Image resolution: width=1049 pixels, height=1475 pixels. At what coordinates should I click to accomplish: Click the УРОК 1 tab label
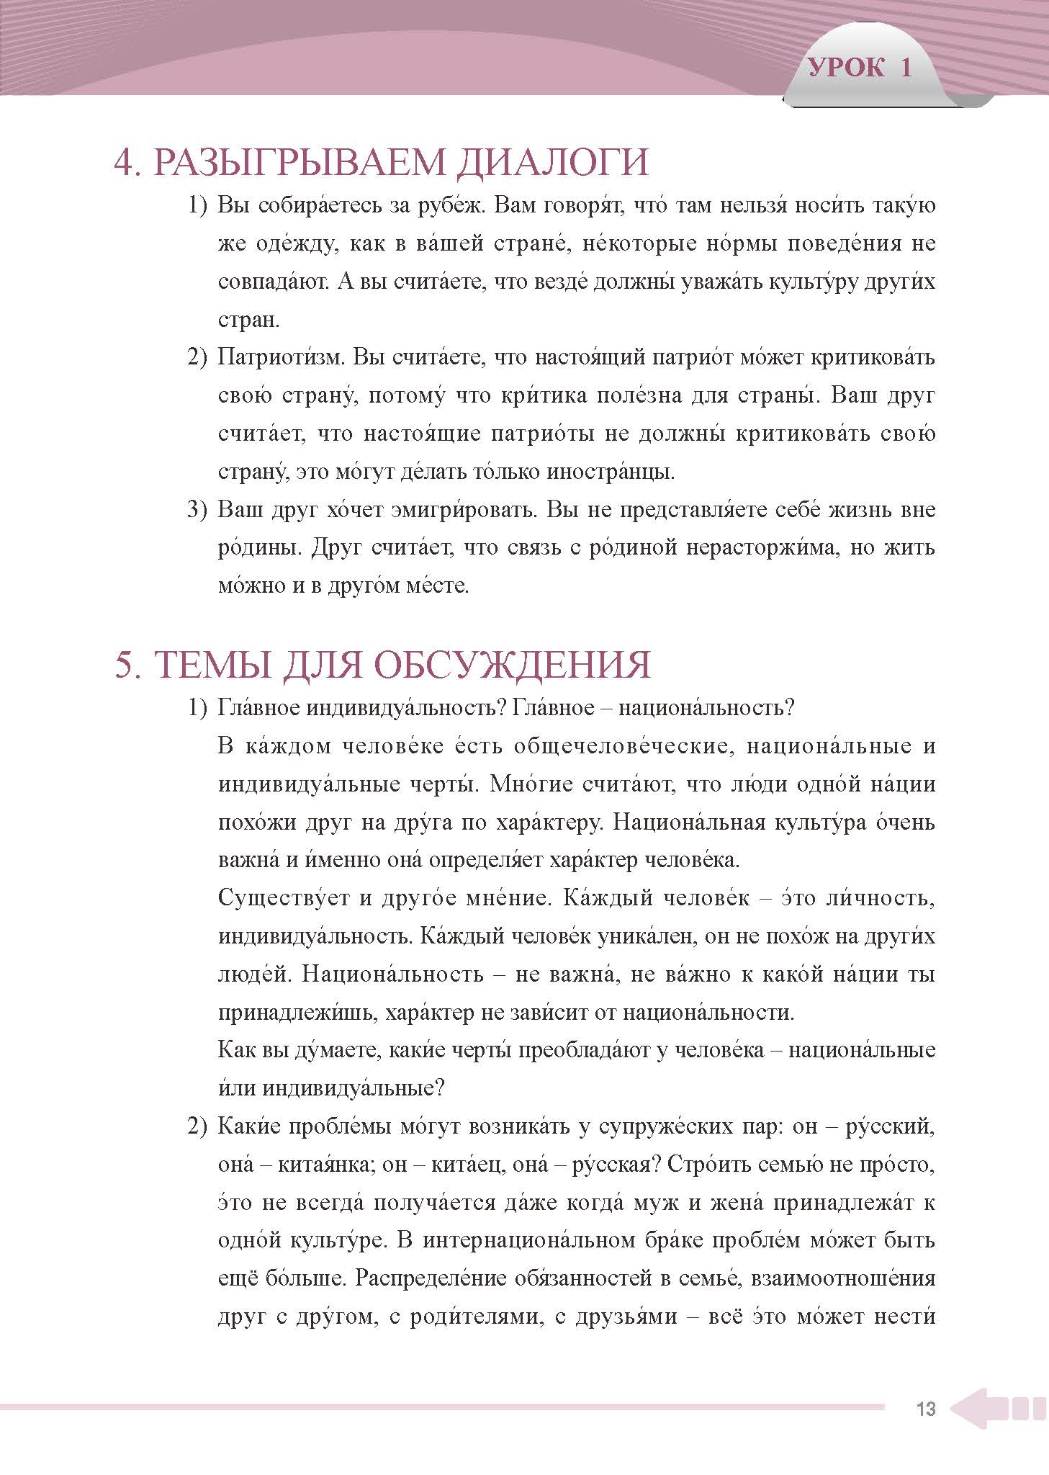pos(860,68)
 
